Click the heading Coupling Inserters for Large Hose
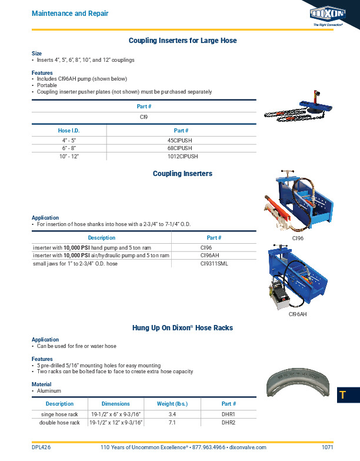click(183, 41)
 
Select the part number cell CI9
click(144, 117)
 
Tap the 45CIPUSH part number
click(181, 140)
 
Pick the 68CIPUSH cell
click(181, 148)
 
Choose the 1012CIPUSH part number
click(181, 157)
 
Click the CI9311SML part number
click(214, 263)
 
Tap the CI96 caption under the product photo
click(298, 238)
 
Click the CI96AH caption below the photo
click(298, 315)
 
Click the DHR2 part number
click(228, 423)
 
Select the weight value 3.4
click(173, 414)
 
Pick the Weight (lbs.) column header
click(173, 404)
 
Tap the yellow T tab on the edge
click(342, 395)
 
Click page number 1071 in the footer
click(328, 447)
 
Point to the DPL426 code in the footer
click(41, 447)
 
